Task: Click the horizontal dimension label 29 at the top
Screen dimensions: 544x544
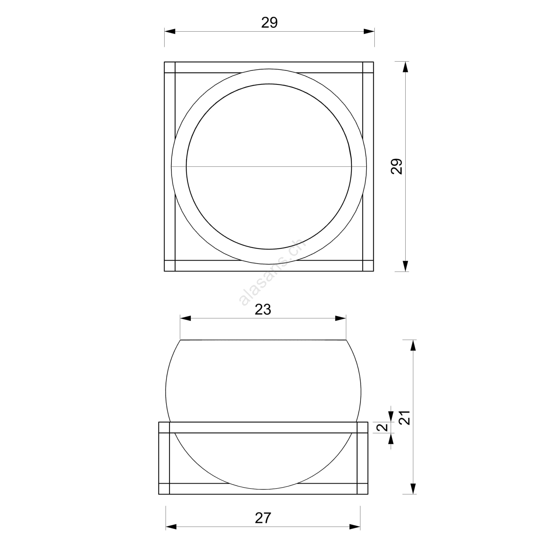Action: tap(269, 22)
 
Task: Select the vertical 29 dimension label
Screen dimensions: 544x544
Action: tap(396, 166)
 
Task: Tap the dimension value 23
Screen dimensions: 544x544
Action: tap(263, 309)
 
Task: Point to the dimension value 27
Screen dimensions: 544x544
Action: tap(263, 518)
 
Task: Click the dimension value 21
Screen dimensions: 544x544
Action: tap(404, 418)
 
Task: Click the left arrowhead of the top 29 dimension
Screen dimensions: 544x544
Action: tap(170, 32)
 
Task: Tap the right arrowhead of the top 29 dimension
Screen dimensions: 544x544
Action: tap(369, 32)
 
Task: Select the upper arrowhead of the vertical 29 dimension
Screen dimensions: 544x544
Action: tap(405, 67)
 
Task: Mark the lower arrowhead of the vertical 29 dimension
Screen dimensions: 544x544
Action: tap(405, 266)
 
